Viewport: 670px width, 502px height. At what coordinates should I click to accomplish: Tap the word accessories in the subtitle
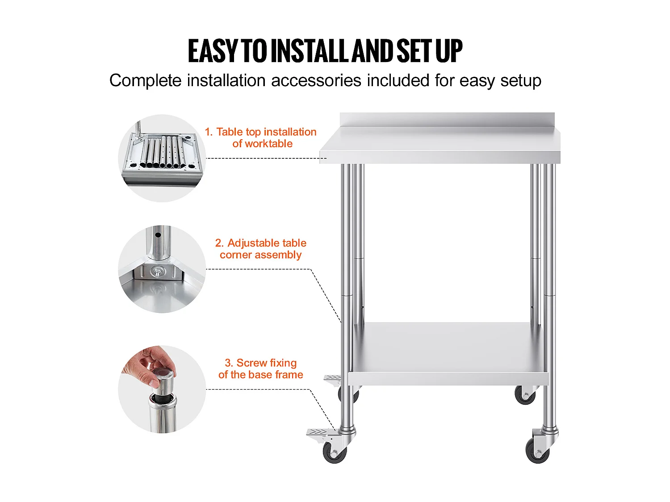tap(316, 80)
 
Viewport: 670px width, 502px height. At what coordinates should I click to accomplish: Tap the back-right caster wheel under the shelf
tap(525, 396)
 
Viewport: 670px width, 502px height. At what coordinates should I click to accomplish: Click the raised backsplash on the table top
tap(447, 120)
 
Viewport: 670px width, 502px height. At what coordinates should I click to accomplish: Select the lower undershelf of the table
tap(448, 353)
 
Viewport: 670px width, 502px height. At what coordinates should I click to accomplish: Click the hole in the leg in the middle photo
tap(158, 235)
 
